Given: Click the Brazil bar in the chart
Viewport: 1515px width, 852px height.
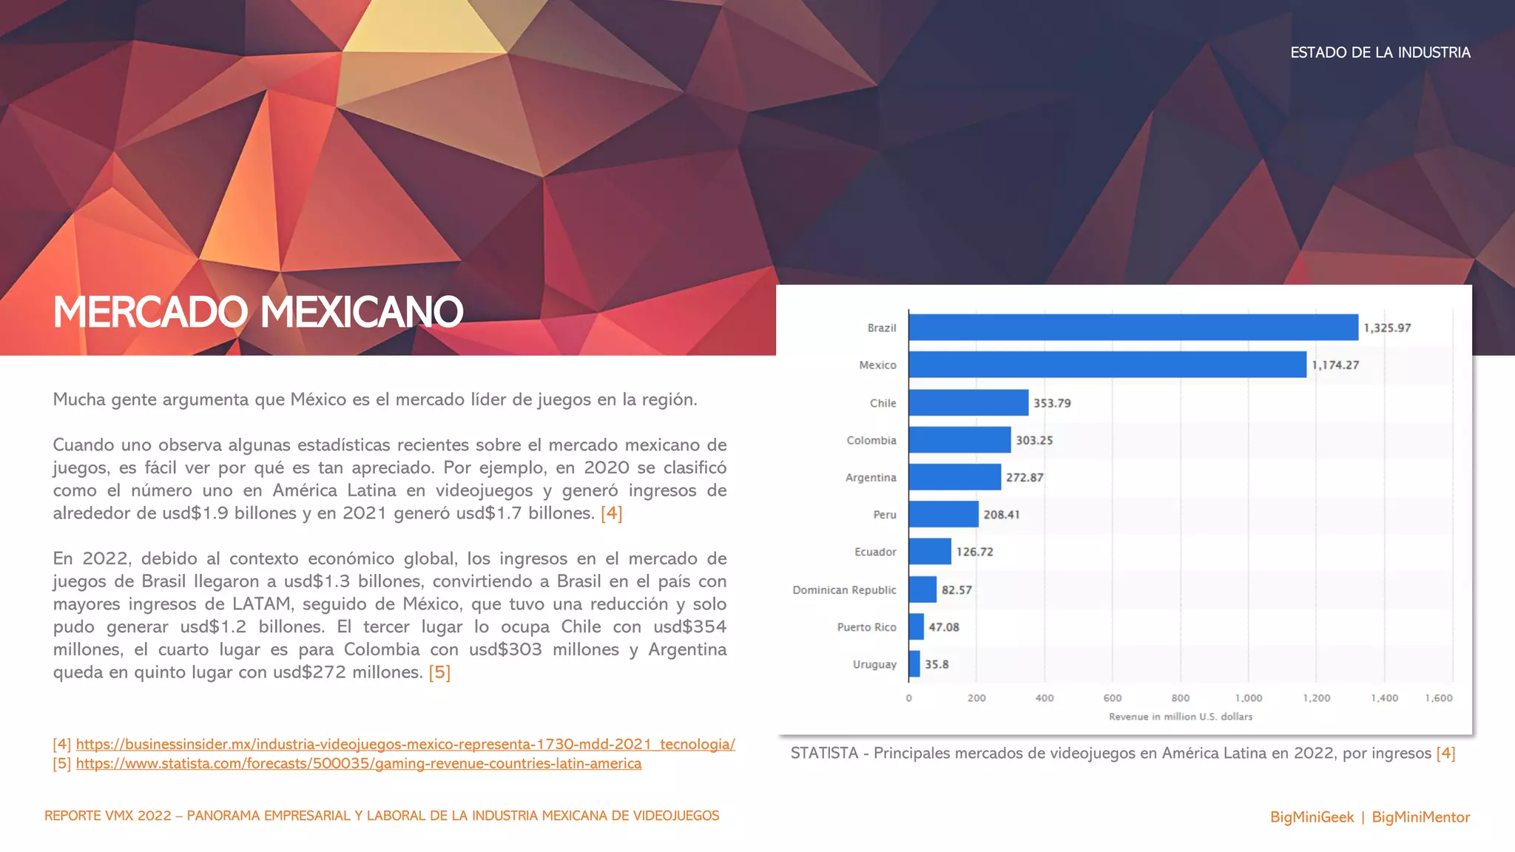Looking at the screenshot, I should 1133,328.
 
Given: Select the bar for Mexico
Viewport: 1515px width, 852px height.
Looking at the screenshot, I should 1107,365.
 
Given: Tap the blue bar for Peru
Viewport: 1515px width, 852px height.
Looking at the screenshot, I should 944,514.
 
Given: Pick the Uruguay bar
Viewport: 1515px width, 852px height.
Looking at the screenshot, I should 915,664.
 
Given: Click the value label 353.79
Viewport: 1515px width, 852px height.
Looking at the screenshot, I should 1052,403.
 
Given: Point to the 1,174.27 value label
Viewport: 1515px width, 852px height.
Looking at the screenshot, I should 1335,365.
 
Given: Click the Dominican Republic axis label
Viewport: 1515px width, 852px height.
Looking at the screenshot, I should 844,589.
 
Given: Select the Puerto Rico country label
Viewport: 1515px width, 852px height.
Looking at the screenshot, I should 866,627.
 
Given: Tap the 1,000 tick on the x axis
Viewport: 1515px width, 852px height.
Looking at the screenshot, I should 1249,698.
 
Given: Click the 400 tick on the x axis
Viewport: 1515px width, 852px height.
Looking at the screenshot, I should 1045,698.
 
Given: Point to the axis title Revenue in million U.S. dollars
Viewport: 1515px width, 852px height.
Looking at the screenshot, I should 1181,717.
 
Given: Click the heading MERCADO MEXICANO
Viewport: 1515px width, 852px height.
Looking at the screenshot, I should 258,312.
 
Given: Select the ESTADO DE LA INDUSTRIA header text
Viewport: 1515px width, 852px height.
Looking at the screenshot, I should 1380,53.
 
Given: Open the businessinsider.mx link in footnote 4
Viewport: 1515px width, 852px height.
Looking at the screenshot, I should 405,744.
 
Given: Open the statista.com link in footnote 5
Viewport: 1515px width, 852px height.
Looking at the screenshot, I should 359,763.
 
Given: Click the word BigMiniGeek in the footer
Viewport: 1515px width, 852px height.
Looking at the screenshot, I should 1312,817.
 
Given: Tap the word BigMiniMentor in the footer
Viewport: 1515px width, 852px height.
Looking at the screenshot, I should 1420,817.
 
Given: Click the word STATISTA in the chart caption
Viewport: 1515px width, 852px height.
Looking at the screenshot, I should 824,753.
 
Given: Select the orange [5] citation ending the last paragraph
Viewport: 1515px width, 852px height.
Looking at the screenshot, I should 439,672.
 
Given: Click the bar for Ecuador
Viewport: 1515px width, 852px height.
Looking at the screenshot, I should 931,552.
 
